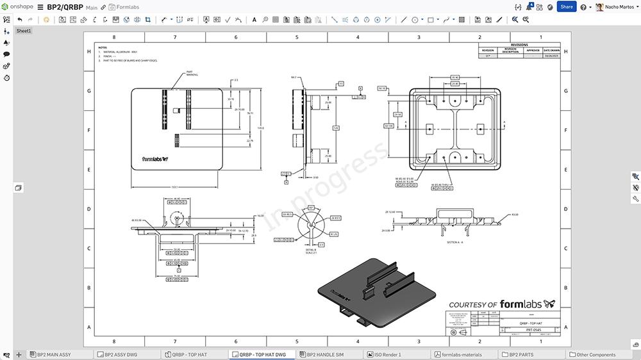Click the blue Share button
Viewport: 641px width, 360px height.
tap(566, 6)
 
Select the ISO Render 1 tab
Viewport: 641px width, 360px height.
tap(387, 354)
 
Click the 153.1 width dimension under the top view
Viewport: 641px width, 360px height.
tap(174, 187)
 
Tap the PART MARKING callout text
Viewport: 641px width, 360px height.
tap(190, 73)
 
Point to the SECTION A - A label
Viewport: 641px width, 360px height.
tap(456, 242)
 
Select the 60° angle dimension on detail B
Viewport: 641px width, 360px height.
tap(312, 208)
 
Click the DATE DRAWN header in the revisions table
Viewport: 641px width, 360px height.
tap(551, 50)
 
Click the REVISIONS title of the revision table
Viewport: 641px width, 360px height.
tap(519, 45)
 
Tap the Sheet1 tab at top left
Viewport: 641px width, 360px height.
tap(24, 31)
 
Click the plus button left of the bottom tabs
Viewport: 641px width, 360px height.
tap(19, 354)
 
